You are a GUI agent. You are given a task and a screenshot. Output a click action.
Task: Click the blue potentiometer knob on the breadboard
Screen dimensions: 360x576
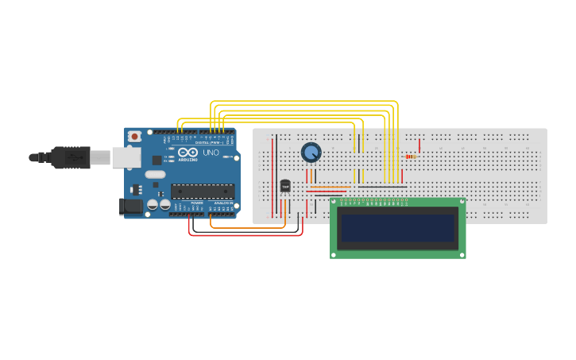pyautogui.click(x=311, y=152)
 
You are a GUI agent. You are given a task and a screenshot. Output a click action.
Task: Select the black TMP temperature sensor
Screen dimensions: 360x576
pyautogui.click(x=285, y=186)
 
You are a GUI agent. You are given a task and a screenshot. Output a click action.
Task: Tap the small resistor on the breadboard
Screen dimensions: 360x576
pyautogui.click(x=410, y=157)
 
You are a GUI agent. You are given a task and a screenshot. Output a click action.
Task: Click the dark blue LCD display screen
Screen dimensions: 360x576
pyautogui.click(x=397, y=228)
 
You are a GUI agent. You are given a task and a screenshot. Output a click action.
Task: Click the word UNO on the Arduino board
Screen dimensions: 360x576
pyautogui.click(x=211, y=153)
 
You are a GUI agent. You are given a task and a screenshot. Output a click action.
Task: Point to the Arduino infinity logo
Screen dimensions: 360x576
pyautogui.click(x=188, y=153)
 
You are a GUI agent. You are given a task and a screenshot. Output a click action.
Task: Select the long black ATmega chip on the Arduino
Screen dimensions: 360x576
pyautogui.click(x=203, y=191)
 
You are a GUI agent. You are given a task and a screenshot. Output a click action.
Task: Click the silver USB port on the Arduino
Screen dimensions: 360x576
pyautogui.click(x=126, y=157)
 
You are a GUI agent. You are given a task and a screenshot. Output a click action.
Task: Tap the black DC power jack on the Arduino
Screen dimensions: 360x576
pyautogui.click(x=130, y=207)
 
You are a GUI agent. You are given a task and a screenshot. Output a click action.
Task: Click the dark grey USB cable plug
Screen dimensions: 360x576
pyautogui.click(x=72, y=157)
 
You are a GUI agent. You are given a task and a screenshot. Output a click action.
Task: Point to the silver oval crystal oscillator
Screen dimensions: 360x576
pyautogui.click(x=155, y=174)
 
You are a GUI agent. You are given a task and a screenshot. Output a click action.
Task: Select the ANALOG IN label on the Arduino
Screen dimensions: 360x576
pyautogui.click(x=222, y=203)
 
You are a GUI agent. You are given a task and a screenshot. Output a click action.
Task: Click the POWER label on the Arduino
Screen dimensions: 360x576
pyautogui.click(x=196, y=203)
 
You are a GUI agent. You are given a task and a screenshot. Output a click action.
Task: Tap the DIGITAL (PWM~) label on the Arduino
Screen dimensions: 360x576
pyautogui.click(x=209, y=142)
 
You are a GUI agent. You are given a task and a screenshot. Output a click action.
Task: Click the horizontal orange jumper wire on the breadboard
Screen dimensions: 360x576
pyautogui.click(x=330, y=187)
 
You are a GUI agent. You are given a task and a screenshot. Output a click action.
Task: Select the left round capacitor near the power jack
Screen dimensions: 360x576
pyautogui.click(x=153, y=204)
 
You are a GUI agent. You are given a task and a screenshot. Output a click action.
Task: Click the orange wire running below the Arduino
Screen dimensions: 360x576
pyautogui.click(x=246, y=227)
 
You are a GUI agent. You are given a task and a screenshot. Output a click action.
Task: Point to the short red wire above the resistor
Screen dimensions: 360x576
pyautogui.click(x=419, y=145)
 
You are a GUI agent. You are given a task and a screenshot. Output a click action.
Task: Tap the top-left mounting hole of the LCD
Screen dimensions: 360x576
pyautogui.click(x=334, y=203)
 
